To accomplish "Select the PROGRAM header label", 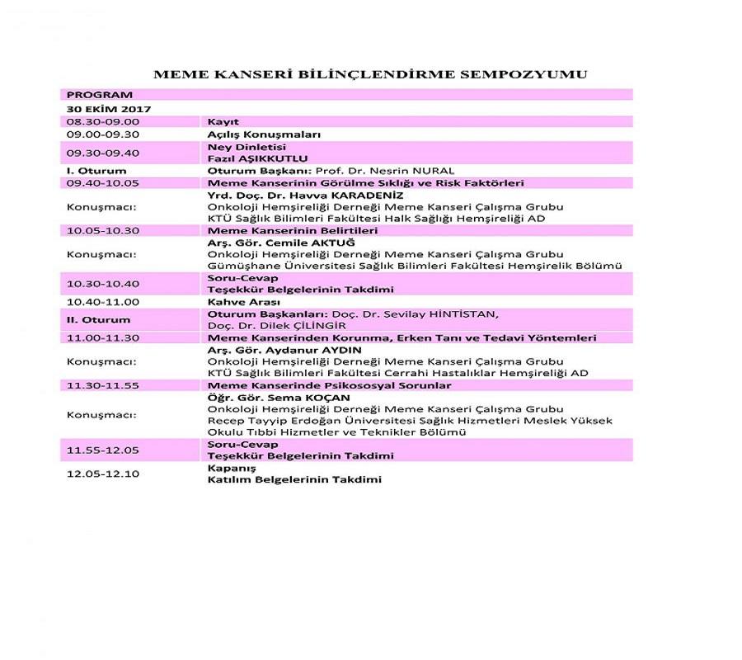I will tap(100, 96).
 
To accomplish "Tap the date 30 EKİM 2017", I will tap(103, 109).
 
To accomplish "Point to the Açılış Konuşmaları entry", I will tap(264, 134).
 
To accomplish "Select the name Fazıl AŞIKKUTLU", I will tap(257, 158).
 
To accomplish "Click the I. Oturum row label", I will tap(96, 171).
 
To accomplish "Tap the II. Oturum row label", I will tap(98, 319).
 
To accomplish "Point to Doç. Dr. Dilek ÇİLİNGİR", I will tap(276, 326).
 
